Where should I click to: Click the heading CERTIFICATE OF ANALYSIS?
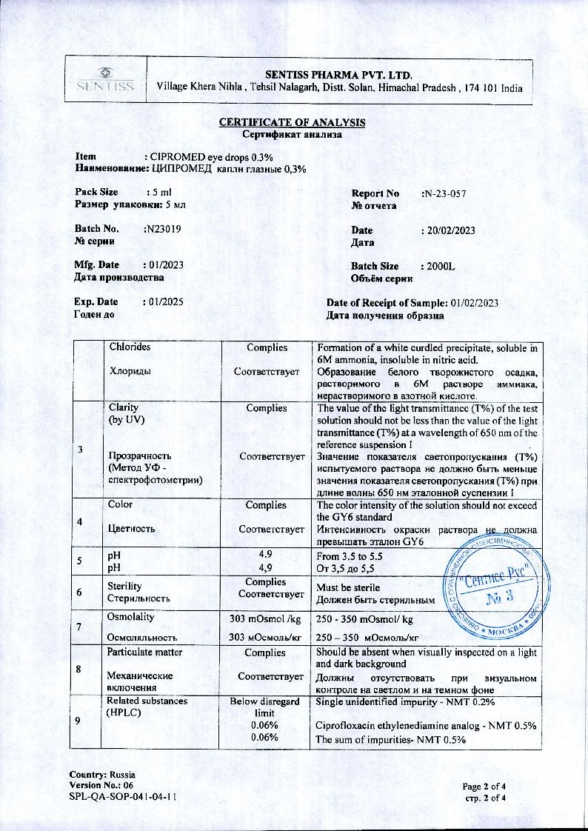click(292, 123)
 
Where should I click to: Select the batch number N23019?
click(162, 230)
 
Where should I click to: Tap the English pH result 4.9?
click(266, 554)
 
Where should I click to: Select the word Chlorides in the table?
click(130, 347)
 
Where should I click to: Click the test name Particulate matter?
click(145, 653)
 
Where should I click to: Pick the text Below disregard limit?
click(265, 706)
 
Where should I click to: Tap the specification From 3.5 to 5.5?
click(349, 555)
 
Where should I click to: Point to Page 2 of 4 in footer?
click(490, 786)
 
